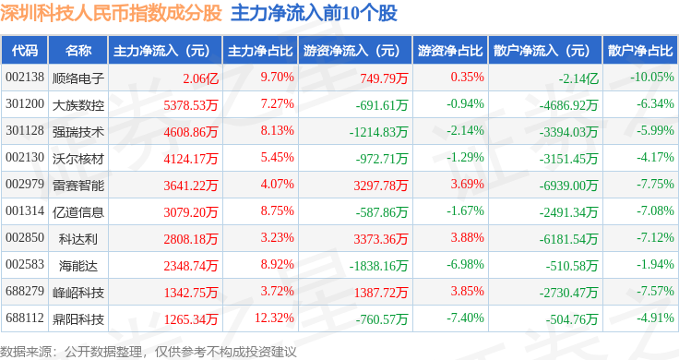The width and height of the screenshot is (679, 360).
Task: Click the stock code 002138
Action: point(25,78)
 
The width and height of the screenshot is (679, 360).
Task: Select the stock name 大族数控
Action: point(78,105)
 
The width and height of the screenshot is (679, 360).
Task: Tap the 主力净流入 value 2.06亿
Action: point(200,78)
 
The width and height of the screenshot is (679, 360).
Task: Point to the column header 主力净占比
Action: point(260,51)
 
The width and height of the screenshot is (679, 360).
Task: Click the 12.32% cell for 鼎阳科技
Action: point(274,318)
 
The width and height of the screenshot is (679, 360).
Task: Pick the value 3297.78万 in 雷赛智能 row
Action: point(381,186)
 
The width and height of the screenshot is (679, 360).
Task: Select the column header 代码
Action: point(25,51)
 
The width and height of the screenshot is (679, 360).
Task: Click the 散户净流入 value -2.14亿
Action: point(578,78)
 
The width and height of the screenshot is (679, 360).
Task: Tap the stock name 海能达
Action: point(78,266)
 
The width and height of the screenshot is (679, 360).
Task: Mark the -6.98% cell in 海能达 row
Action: point(466,264)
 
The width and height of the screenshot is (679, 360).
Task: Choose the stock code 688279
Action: point(25,291)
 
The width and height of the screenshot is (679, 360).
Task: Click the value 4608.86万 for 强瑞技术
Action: point(191,132)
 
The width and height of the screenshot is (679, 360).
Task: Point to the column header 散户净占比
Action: point(640,51)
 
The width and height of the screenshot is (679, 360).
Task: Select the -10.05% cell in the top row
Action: point(652,78)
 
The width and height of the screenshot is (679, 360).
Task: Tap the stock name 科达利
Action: point(78,239)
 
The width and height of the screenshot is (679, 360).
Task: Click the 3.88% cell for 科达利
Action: point(467,237)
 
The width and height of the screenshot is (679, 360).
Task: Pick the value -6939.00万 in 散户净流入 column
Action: point(568,186)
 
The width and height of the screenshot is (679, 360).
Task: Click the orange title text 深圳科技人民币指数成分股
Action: point(112,14)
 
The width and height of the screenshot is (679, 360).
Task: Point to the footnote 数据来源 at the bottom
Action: point(26,352)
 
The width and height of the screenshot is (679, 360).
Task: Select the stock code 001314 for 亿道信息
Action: point(25,211)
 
